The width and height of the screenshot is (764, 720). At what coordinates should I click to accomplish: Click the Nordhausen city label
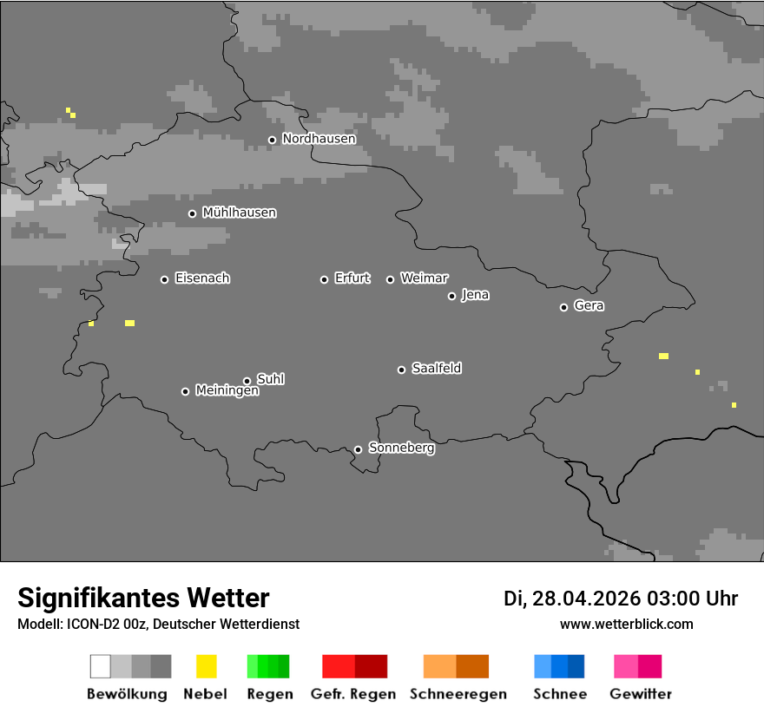[319, 139]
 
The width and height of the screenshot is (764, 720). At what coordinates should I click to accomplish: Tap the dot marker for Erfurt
[324, 279]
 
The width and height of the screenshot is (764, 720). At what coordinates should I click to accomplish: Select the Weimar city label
[424, 278]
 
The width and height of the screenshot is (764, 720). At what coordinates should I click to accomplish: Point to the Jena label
[475, 295]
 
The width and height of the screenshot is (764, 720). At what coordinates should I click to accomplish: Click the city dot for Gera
[563, 307]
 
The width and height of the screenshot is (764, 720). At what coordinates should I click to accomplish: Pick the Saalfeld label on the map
[437, 369]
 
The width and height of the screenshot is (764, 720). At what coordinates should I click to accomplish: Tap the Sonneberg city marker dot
[358, 449]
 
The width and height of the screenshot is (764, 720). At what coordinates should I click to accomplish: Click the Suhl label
[271, 379]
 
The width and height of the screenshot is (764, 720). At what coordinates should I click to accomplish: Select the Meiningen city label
[227, 391]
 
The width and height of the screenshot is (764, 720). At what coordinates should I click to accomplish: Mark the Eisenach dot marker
[164, 279]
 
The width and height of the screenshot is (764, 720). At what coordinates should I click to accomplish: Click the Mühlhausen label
[239, 213]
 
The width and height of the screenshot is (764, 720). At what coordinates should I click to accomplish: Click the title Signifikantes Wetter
[143, 599]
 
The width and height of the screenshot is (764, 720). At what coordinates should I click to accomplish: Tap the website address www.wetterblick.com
[626, 625]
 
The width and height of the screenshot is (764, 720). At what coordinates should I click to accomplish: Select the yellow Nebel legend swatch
[206, 666]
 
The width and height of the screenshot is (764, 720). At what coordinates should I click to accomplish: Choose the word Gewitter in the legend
[641, 694]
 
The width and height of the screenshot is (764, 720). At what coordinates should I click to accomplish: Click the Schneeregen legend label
[458, 694]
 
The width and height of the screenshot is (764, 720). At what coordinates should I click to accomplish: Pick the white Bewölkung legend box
[101, 666]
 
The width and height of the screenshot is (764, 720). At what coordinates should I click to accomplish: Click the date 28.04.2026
[585, 599]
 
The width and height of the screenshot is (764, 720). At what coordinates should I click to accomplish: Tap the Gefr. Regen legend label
[353, 694]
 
